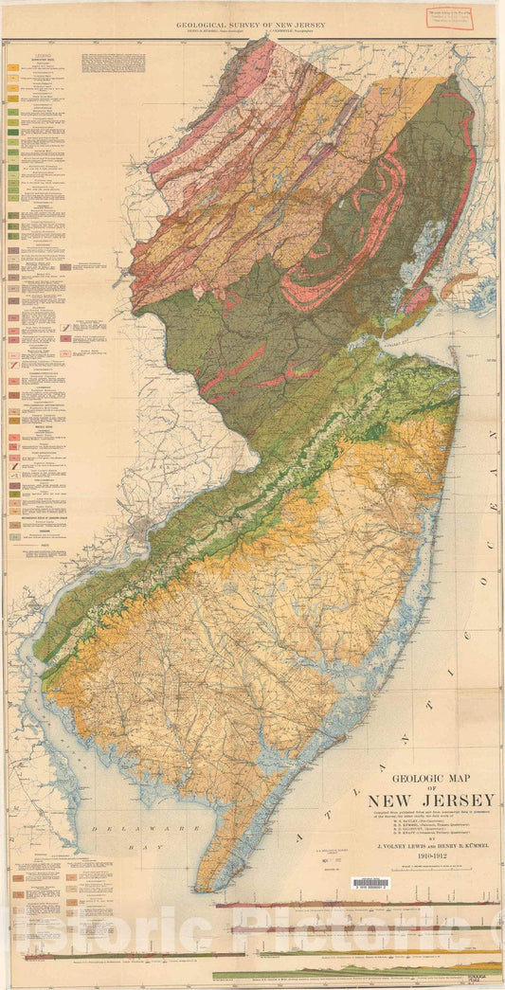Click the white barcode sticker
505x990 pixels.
pos(370,884)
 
